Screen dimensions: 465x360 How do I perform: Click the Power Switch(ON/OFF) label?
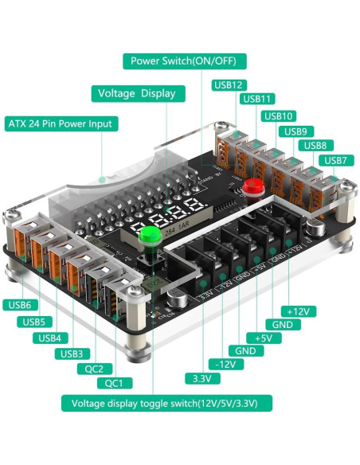pos(184,61)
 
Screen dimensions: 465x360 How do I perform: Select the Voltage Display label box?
pos(136,93)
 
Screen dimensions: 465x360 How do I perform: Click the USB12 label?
pos(228,85)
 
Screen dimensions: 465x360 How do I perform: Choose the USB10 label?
pos(278,116)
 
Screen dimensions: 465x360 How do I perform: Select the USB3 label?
pos(71,354)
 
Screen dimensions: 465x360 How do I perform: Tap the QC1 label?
pos(114,384)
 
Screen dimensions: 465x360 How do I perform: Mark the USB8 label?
pos(315,146)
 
